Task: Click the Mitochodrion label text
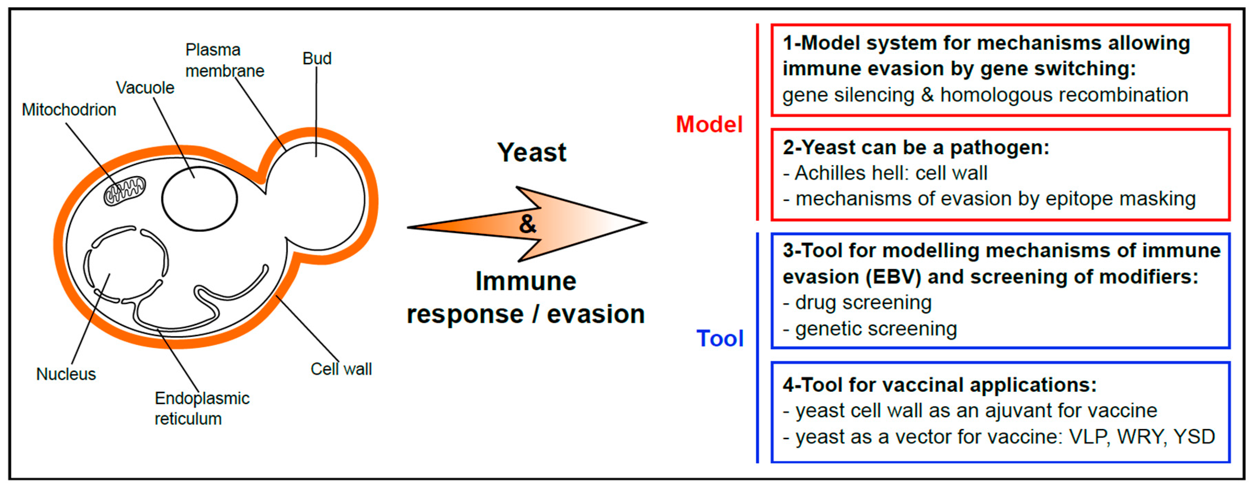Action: click(x=69, y=110)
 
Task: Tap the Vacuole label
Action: click(x=145, y=88)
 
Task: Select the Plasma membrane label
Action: click(x=224, y=61)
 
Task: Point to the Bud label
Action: click(x=317, y=59)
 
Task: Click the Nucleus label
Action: click(x=66, y=374)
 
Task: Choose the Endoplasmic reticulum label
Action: click(x=202, y=408)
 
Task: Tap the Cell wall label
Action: click(x=341, y=369)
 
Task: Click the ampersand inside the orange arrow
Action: click(x=527, y=224)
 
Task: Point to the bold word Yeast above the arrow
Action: click(x=532, y=152)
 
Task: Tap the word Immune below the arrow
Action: click(x=526, y=281)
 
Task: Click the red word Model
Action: click(x=709, y=124)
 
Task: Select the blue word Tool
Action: click(x=720, y=339)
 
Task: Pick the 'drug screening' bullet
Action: click(x=863, y=303)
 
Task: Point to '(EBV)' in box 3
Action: click(x=893, y=277)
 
